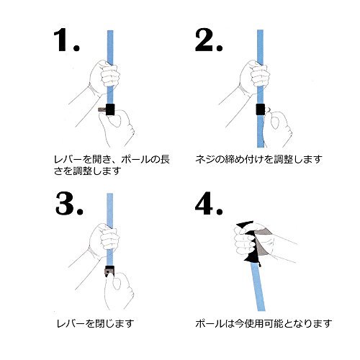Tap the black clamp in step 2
pos(260,109)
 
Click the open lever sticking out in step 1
pos(99,109)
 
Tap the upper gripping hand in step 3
pos(100,241)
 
